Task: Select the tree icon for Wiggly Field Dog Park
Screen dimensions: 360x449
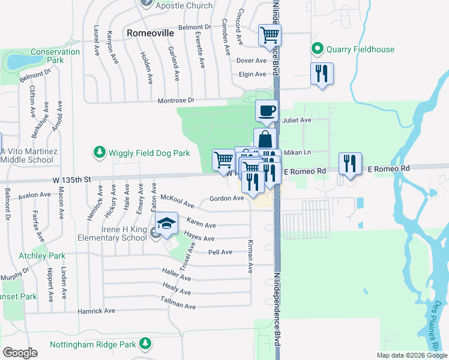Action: tap(100, 153)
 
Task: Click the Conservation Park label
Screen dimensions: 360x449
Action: tap(55, 56)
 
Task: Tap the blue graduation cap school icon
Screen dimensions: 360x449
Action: tap(167, 224)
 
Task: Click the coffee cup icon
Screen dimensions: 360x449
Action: tap(267, 111)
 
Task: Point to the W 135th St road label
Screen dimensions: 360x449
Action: tap(71, 179)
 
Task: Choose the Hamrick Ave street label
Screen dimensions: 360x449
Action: tap(96, 311)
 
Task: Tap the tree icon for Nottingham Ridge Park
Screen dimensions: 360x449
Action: tap(144, 344)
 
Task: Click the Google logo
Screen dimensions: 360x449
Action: tap(20, 353)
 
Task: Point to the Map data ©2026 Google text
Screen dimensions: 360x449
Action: tap(412, 355)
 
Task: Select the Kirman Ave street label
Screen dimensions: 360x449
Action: tap(250, 256)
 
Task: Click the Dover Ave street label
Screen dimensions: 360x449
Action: tap(251, 61)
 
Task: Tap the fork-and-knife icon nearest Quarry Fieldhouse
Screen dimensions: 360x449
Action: tap(322, 74)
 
